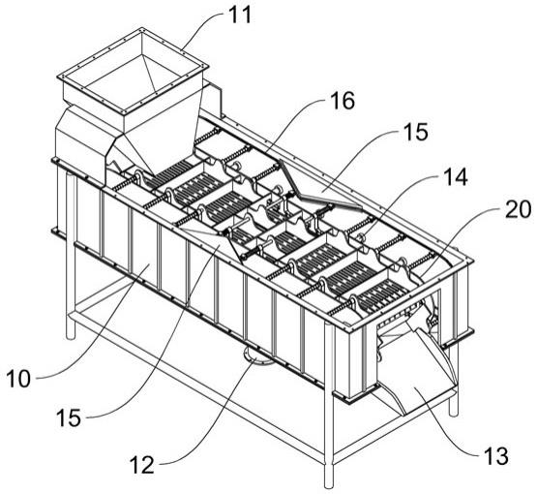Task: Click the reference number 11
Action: [x=240, y=15]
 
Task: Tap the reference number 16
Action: [x=343, y=102]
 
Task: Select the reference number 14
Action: [x=455, y=177]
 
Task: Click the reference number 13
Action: [x=495, y=456]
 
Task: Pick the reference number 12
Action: [x=142, y=465]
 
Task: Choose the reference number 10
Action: [x=18, y=379]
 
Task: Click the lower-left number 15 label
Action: [x=69, y=417]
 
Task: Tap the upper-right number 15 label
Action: [x=415, y=132]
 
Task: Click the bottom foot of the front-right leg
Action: [x=329, y=483]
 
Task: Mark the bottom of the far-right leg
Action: [x=454, y=412]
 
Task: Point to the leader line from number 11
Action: [x=203, y=26]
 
